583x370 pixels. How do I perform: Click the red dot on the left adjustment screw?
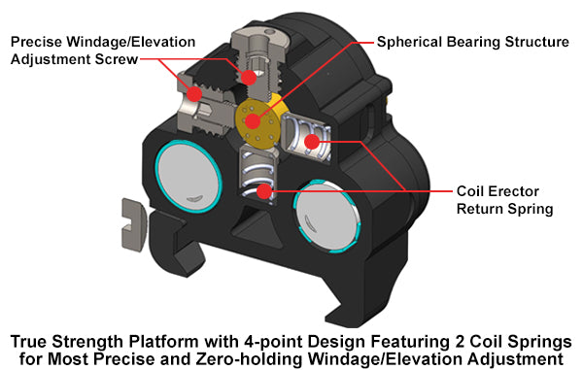coord(194,94)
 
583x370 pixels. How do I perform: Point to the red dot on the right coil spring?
coord(312,143)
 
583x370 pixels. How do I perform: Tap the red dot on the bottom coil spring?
coord(262,190)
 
